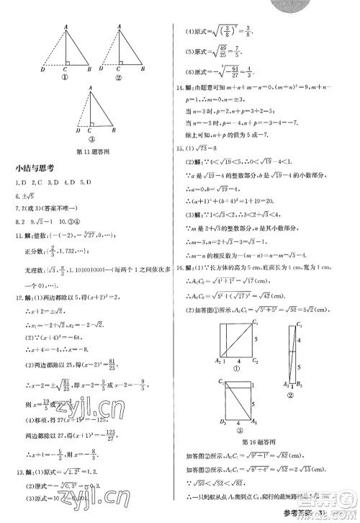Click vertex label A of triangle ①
(x=65, y=25)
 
